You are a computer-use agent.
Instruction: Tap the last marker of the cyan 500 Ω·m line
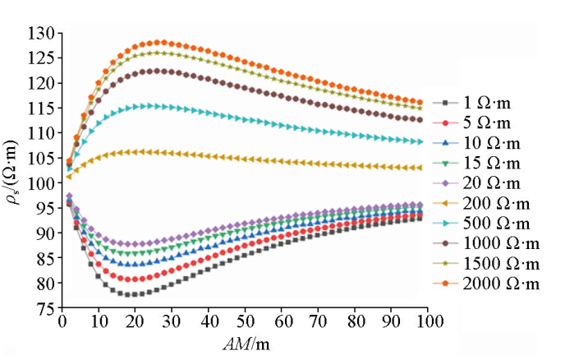pyautogui.click(x=420, y=141)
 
